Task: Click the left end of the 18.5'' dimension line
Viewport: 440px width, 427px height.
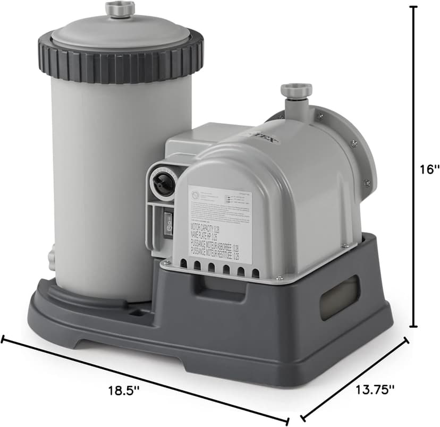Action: click(3, 339)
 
